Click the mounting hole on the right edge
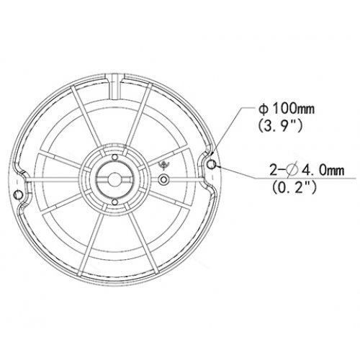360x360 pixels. click(x=211, y=166)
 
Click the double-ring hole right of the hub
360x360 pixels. click(x=165, y=179)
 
